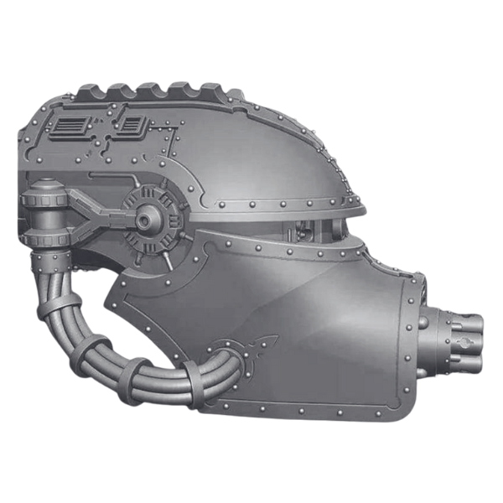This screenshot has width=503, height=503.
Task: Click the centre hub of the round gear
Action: click(x=151, y=221)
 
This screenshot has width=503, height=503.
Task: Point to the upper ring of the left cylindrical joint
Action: click(x=42, y=201)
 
